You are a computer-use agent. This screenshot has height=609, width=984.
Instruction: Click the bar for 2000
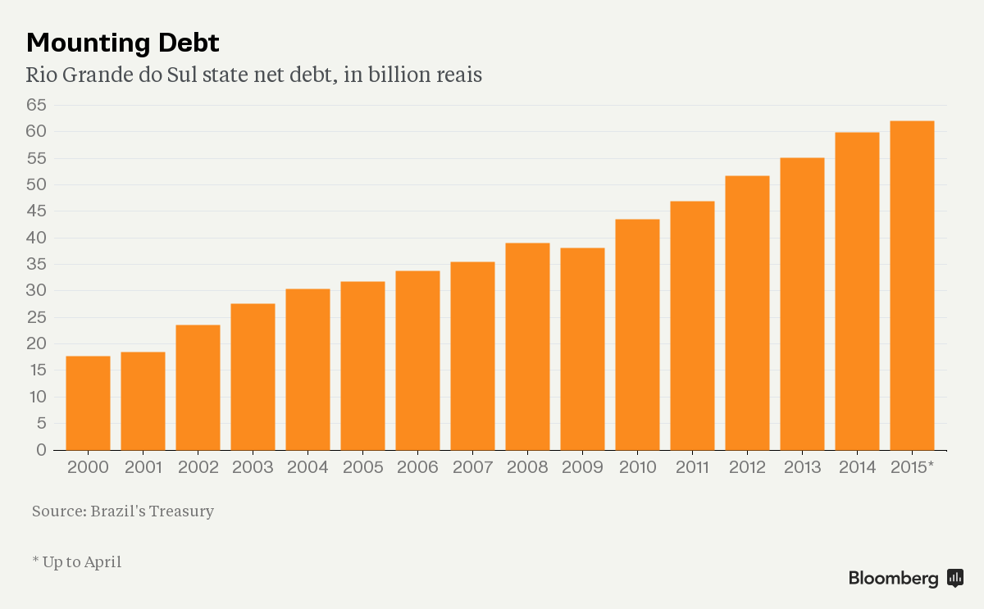[88, 403]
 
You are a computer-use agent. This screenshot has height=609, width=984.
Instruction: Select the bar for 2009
[582, 349]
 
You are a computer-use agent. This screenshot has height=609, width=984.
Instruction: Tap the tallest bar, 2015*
[912, 285]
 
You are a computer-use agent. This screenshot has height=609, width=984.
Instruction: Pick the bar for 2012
[747, 313]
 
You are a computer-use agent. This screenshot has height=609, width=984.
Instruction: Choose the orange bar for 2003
[253, 377]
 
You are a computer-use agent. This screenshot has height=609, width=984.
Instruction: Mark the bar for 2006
[417, 361]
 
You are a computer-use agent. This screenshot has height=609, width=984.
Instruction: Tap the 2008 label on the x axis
[527, 468]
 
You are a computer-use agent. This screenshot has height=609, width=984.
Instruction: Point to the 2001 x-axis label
[143, 468]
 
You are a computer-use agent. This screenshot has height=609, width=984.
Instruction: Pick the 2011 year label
[692, 468]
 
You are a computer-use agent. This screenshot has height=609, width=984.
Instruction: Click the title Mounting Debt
[123, 42]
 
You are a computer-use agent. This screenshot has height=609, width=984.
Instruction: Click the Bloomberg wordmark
[893, 579]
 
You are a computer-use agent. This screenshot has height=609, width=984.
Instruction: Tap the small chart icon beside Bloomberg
[954, 578]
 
